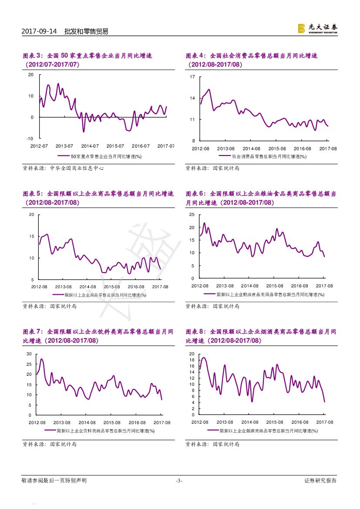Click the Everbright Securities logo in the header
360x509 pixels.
click(317, 28)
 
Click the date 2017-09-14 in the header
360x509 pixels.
click(39, 31)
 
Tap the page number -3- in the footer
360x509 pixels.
click(179, 481)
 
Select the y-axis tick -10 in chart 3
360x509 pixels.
click(30, 138)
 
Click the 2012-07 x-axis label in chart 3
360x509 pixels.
click(39, 146)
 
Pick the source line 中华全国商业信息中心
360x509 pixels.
click(64, 168)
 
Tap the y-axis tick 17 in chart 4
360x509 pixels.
click(192, 77)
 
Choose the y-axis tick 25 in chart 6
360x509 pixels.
click(192, 215)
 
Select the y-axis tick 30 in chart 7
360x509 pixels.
click(29, 354)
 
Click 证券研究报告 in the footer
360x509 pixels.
click(320, 481)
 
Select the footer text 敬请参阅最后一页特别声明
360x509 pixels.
click(54, 481)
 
